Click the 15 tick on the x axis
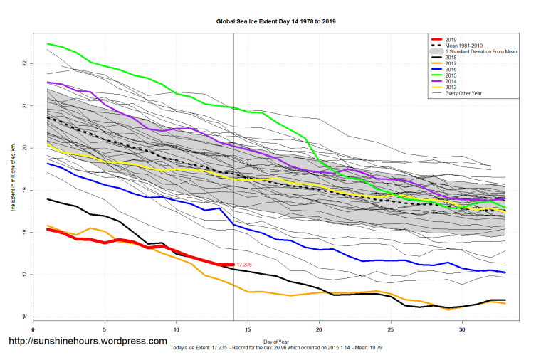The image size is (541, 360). pyautogui.click(x=248, y=330)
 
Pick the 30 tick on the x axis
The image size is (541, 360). pyautogui.click(x=463, y=330)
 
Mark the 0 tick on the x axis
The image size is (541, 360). pyautogui.click(x=33, y=330)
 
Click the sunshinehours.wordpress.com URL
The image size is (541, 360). pyautogui.click(x=88, y=342)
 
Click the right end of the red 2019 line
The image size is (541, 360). pyautogui.click(x=233, y=265)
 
